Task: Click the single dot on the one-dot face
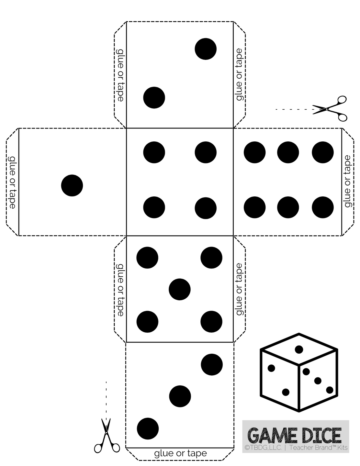(x=72, y=185)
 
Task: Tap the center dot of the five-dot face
(x=180, y=289)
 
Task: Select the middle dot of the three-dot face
(x=180, y=396)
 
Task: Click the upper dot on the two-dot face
(x=206, y=49)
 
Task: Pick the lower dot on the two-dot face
(x=154, y=98)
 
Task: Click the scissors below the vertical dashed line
(x=107, y=436)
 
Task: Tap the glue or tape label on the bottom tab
(x=180, y=453)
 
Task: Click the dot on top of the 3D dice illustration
(x=299, y=349)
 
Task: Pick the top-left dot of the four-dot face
(x=154, y=152)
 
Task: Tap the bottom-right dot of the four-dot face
(x=206, y=207)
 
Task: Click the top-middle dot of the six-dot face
(x=288, y=152)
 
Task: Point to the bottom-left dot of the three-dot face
(x=148, y=428)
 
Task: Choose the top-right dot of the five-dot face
(x=211, y=258)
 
